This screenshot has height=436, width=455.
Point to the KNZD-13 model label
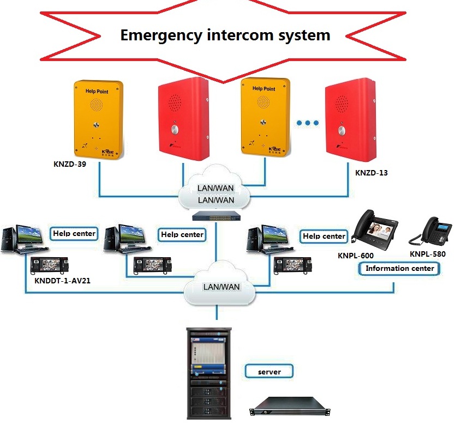[x=371, y=173]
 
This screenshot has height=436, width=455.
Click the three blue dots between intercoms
[x=308, y=123]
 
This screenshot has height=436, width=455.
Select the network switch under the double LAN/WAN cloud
[x=217, y=216]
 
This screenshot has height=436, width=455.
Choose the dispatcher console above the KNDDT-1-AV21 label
[x=50, y=265]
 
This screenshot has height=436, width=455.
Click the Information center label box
[x=399, y=268]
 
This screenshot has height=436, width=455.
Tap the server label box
[x=270, y=372]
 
